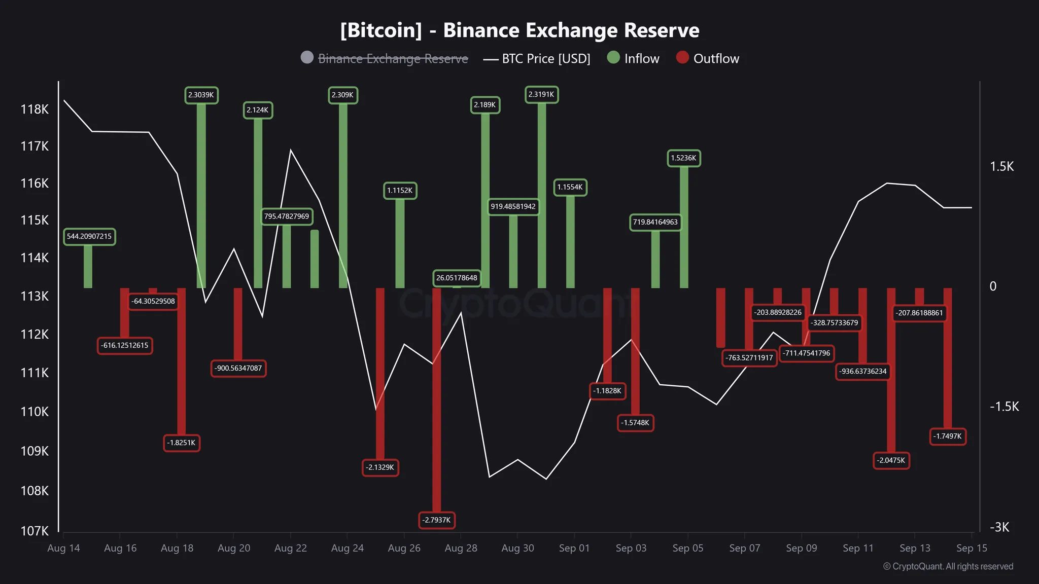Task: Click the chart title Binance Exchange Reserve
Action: pos(519,30)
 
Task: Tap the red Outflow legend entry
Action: pos(708,58)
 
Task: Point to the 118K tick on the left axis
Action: pos(34,109)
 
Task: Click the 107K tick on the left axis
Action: pos(34,531)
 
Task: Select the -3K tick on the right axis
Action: pos(999,527)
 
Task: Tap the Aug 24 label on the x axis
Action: pos(347,548)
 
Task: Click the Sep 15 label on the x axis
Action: pos(972,548)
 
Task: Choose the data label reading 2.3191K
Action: pos(541,94)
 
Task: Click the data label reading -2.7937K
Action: pos(436,520)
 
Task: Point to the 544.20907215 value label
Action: pos(89,236)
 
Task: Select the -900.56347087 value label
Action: pos(238,368)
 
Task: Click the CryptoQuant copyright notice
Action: pos(948,566)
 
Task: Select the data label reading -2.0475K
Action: pos(891,460)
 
